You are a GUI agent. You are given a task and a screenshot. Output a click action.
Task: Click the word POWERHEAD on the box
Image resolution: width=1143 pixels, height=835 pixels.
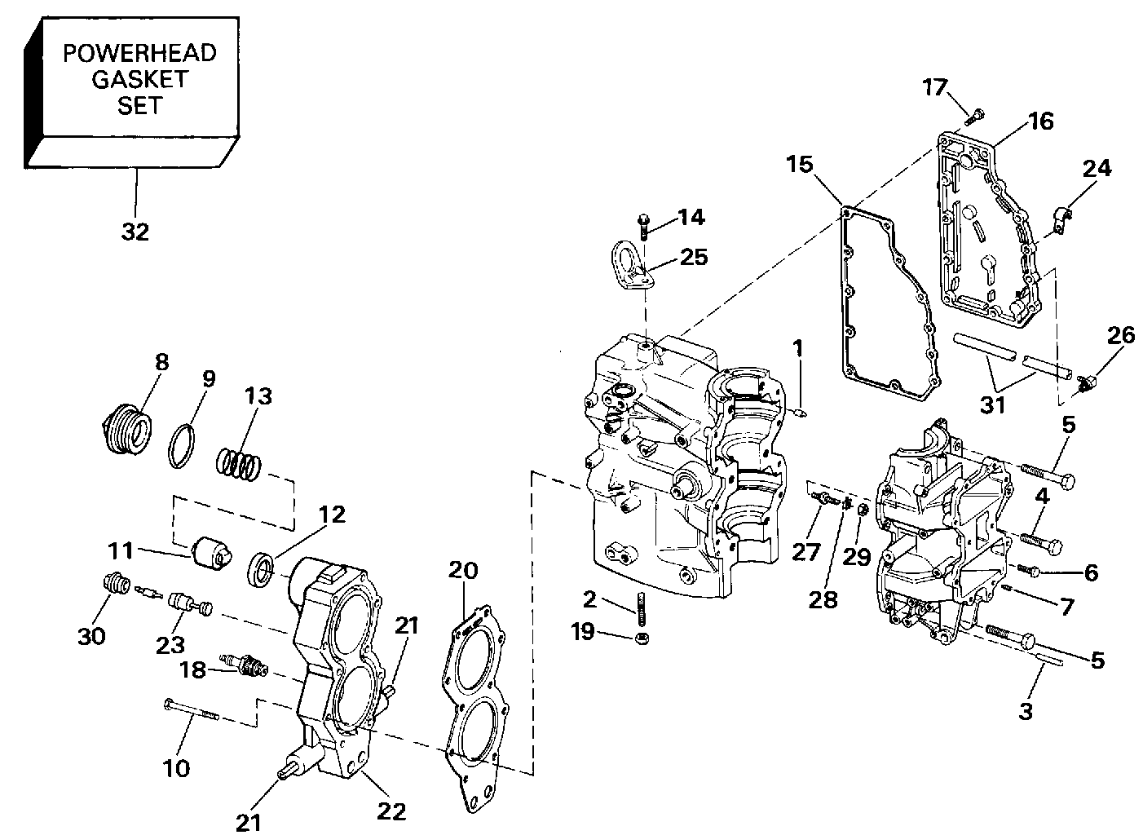click(x=139, y=53)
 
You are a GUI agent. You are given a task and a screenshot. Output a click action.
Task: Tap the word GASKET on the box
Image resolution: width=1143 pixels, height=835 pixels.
click(x=139, y=79)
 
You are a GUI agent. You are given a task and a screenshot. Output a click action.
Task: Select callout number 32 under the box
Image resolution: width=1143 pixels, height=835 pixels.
click(x=135, y=232)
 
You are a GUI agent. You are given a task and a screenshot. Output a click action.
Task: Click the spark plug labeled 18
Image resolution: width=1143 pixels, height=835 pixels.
click(x=244, y=665)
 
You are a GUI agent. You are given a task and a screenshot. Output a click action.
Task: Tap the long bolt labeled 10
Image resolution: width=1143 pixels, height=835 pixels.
click(x=192, y=709)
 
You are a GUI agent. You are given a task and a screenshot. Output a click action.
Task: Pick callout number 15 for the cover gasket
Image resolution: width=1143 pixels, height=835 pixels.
click(x=799, y=165)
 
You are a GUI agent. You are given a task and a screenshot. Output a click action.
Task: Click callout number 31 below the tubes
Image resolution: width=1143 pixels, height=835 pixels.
click(x=992, y=404)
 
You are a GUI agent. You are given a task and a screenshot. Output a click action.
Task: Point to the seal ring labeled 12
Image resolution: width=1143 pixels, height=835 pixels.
click(x=261, y=568)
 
